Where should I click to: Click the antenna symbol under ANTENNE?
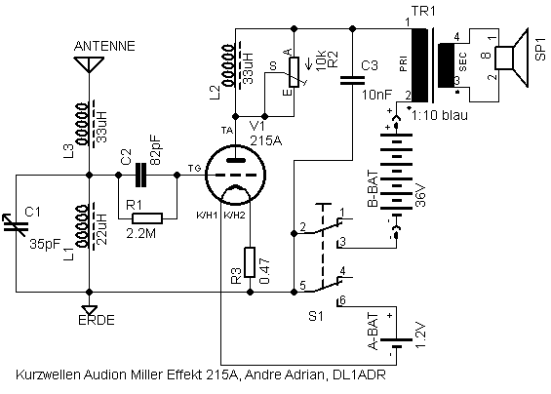90,64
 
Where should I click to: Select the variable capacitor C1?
16,226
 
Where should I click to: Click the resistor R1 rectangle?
147,218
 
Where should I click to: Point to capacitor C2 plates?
140,175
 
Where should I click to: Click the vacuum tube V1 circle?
235,175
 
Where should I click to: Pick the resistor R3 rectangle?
249,262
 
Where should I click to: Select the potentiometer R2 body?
294,72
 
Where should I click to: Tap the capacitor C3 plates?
352,81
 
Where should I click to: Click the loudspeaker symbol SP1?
511,58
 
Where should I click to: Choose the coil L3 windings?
82,124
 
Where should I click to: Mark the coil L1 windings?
82,226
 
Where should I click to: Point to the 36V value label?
420,195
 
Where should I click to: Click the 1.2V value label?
420,335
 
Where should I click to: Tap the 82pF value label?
155,150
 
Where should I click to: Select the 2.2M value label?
140,233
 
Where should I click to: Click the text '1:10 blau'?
440,115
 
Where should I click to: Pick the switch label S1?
316,316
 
